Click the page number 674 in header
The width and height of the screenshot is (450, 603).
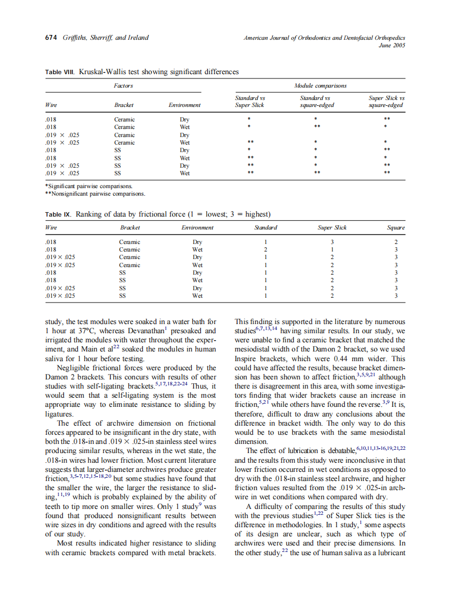point(51,38)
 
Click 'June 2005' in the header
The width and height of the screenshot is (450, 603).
point(392,45)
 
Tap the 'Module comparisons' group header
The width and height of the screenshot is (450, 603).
point(320,85)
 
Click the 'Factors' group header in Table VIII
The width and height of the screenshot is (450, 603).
point(124,85)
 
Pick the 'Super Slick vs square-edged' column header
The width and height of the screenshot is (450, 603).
point(386,102)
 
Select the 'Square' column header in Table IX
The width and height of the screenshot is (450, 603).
point(396,228)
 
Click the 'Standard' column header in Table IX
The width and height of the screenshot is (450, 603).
point(265,228)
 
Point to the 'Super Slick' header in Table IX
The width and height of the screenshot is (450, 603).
point(332,228)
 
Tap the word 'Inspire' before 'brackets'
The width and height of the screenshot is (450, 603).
point(247,358)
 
